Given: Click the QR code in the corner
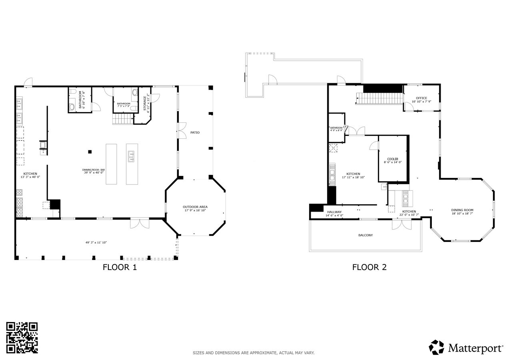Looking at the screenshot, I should [22, 338].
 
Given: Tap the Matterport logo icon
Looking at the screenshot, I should [436, 347].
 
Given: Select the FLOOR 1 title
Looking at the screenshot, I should [120, 267].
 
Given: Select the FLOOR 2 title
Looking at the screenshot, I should [369, 267].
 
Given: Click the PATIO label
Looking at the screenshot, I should [195, 132].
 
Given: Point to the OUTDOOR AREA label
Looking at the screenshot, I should [195, 207].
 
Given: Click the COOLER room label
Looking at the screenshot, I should [392, 159].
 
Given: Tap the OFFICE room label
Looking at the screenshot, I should [421, 98].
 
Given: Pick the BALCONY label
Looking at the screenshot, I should [365, 235].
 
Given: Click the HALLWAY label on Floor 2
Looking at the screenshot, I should [334, 212].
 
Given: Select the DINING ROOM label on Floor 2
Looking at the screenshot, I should [462, 210].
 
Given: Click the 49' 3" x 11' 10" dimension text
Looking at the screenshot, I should [96, 242].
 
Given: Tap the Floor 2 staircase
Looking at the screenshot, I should [379, 98].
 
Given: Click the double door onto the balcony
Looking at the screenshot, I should [401, 224].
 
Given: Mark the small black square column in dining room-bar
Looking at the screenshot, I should [90, 152].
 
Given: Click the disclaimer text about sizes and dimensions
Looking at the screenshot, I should [254, 353].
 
